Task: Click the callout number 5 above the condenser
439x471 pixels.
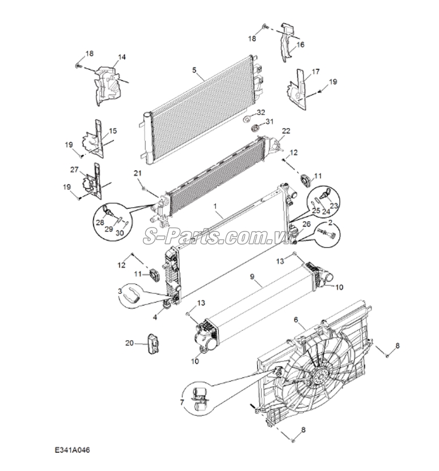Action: pos(193,70)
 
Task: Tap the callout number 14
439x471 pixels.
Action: pos(121,57)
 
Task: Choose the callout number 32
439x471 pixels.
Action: pos(261,112)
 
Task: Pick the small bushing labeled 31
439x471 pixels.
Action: pos(255,127)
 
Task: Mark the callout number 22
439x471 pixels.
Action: pos(286,131)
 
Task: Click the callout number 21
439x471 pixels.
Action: pos(137,173)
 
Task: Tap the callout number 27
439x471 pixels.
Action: pos(74,169)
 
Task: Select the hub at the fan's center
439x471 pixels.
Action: pos(320,375)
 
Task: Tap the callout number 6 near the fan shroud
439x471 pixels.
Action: pos(296,319)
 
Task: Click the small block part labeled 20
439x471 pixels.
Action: pos(153,343)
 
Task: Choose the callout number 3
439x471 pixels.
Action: pos(120,291)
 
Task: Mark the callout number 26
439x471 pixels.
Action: pos(307,224)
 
